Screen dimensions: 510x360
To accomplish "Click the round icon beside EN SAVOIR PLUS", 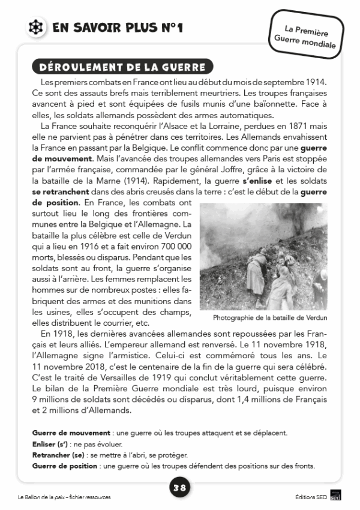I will pyautogui.click(x=37, y=28).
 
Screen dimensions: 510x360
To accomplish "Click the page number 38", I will pyautogui.click(x=179, y=488).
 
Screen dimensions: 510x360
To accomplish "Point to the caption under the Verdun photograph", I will pyautogui.click(x=270, y=317).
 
